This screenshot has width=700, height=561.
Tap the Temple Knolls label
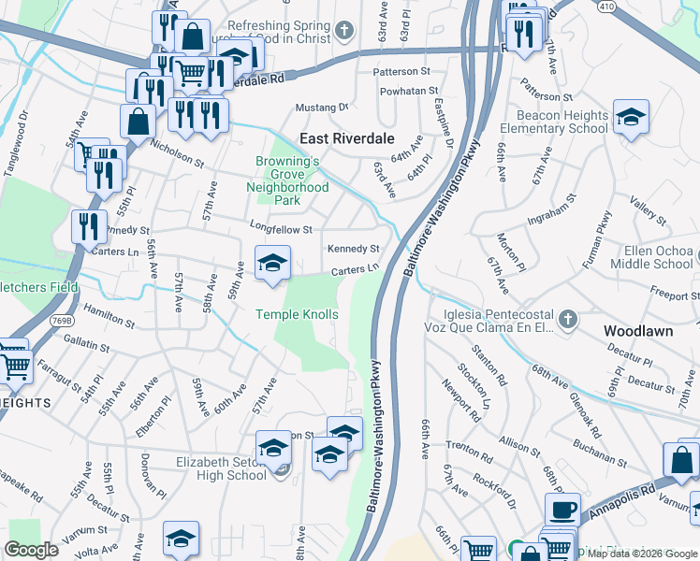(298, 315)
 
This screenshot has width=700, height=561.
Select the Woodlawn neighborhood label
(637, 331)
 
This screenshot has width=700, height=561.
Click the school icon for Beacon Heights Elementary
(632, 117)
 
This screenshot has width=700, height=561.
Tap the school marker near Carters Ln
(272, 263)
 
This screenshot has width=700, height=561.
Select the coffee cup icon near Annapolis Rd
(562, 511)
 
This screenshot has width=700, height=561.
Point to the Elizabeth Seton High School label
(222, 468)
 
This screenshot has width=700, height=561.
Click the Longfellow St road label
(280, 227)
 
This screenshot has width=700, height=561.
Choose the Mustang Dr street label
(321, 108)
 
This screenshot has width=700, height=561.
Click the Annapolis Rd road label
(620, 500)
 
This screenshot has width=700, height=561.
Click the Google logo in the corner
(32, 550)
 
